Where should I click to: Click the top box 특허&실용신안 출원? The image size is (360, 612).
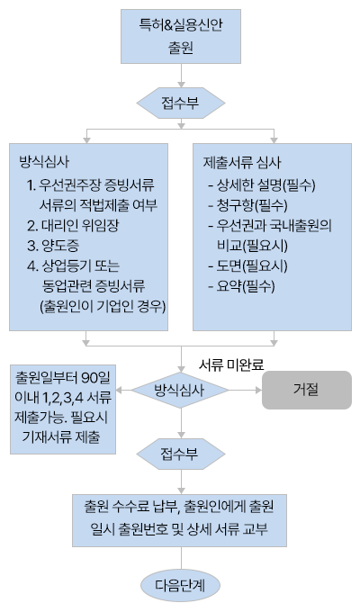tap(181, 37)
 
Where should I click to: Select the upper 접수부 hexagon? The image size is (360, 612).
tap(181, 103)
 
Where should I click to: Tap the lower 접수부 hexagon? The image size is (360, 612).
tap(181, 454)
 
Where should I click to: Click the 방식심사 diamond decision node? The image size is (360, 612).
tap(180, 390)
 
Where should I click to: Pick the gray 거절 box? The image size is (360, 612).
tap(307, 390)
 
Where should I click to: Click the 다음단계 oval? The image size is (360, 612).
tap(180, 586)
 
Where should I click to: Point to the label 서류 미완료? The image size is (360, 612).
tap(231, 364)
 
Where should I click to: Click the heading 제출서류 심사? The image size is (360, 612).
tap(242, 163)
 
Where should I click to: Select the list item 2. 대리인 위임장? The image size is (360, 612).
tap(73, 226)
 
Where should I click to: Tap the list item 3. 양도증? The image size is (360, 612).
tap(53, 246)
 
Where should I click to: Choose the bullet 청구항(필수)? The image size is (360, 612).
tap(247, 205)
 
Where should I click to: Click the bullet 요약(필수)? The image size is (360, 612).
tap(242, 287)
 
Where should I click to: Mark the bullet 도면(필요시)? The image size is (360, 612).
tap(247, 266)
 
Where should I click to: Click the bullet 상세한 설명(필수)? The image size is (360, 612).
tap(262, 185)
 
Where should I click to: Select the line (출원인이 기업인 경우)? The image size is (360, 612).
tap(103, 307)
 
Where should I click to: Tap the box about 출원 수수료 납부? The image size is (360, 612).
tap(179, 520)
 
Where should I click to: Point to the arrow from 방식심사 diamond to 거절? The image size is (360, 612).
tap(245, 390)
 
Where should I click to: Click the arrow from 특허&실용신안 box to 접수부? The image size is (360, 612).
tap(181, 76)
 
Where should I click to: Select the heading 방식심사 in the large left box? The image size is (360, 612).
tap(44, 162)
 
